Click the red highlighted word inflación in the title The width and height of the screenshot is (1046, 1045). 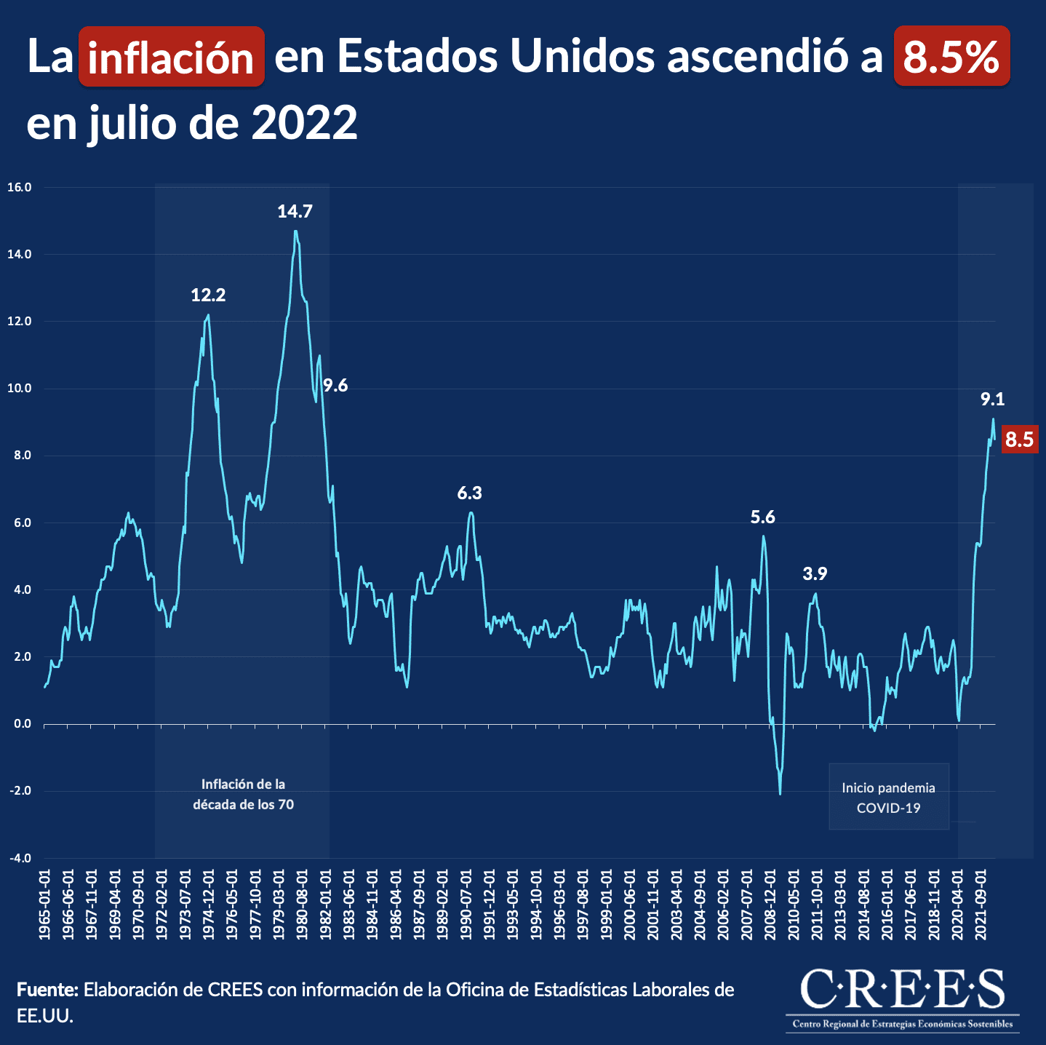click(171, 57)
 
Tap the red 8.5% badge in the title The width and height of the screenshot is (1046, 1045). click(951, 56)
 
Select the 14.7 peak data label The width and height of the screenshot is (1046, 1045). click(295, 212)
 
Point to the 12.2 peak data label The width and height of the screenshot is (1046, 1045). click(208, 295)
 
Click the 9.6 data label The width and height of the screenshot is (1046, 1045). click(335, 386)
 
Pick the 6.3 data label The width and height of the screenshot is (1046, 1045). click(469, 493)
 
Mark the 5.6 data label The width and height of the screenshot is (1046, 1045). click(762, 517)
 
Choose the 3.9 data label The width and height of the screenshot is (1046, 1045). click(815, 574)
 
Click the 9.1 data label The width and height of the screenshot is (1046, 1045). click(992, 399)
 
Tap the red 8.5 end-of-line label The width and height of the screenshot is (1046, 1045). click(1018, 440)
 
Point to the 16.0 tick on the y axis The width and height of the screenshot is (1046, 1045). click(20, 187)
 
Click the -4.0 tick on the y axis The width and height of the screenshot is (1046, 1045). click(20, 858)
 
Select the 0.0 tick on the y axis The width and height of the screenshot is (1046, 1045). click(21, 724)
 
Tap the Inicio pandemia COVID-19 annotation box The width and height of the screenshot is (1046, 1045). click(888, 798)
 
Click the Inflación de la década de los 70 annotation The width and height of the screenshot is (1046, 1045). click(243, 795)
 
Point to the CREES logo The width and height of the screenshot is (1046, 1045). click(903, 996)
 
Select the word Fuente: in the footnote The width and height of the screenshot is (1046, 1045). click(47, 990)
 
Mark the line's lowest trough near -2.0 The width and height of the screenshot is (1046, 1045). click(780, 794)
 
